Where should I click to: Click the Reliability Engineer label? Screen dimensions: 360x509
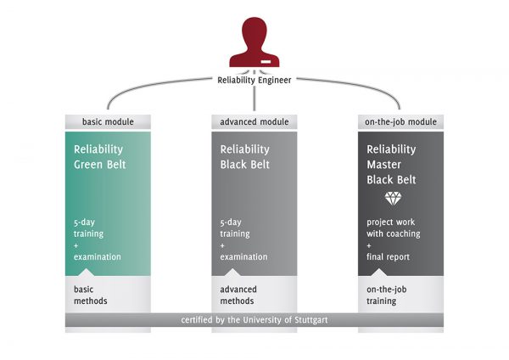click(254, 82)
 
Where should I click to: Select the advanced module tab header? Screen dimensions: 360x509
click(255, 122)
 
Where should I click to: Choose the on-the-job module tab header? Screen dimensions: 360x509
click(400, 122)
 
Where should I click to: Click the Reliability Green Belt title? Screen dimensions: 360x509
click(100, 156)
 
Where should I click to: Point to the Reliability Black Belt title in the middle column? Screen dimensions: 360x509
click(245, 156)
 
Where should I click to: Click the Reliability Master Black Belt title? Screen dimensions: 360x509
click(392, 164)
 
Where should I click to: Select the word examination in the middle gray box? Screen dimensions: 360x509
click(243, 256)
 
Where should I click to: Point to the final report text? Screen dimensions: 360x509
click(388, 256)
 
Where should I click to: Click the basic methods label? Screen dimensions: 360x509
click(91, 295)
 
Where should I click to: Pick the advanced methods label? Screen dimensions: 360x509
click(238, 295)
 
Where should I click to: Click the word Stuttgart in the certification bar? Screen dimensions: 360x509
click(305, 320)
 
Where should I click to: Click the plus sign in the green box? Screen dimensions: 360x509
click(76, 245)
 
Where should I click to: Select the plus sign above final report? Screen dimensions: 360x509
click(368, 245)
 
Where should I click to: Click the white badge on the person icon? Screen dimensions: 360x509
click(266, 62)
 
